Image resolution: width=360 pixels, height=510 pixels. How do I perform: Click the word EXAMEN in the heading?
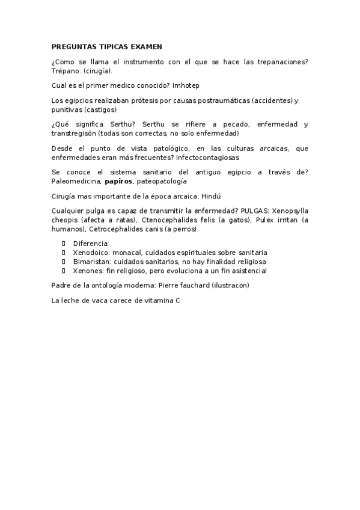[145, 46]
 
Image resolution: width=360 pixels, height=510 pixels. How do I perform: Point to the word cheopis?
[67, 220]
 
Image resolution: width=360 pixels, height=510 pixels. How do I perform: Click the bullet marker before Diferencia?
[64, 243]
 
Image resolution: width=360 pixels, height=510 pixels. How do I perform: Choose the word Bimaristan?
[91, 262]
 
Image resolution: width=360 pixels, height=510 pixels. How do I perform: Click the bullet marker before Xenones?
[64, 271]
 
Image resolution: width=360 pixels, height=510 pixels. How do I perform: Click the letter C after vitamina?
[177, 300]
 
